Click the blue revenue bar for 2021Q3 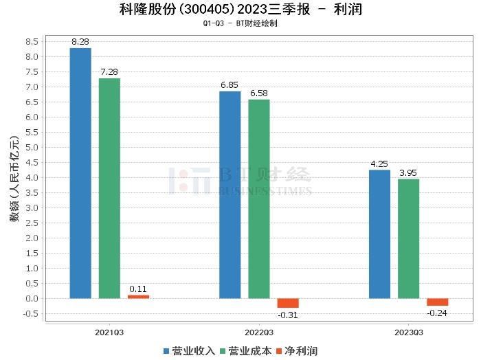(80, 173)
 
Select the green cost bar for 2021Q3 (109, 188)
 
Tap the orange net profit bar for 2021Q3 (138, 296)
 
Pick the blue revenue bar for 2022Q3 (230, 195)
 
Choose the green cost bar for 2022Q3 (259, 199)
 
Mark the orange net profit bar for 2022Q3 (288, 303)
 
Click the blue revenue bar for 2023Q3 (379, 234)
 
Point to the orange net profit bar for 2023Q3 (437, 302)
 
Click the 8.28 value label (80, 42)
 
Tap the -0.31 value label (288, 315)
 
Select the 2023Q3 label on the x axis (408, 332)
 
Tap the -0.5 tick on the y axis (30, 314)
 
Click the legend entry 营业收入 (190, 351)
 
